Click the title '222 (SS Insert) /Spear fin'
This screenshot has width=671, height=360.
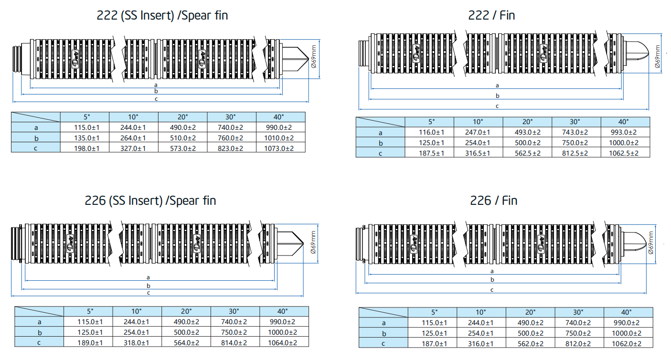[162, 15]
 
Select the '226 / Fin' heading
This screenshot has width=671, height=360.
[493, 201]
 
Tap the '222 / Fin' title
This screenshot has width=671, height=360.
[491, 15]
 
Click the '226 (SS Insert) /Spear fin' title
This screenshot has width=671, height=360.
[150, 201]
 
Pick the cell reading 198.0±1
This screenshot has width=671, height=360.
[85, 148]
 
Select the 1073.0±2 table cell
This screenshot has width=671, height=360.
[281, 148]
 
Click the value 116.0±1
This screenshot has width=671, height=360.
[429, 132]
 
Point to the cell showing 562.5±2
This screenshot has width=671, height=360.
[527, 153]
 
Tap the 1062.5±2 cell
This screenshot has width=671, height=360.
[625, 153]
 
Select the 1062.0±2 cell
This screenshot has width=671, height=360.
[628, 344]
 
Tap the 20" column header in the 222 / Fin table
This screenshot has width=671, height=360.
[527, 122]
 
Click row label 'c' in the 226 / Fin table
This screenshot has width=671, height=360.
[383, 344]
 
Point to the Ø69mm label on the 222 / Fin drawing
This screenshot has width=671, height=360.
[658, 57]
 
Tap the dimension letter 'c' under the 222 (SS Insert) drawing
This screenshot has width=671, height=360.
[156, 99]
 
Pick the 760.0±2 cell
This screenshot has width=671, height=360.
[232, 138]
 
